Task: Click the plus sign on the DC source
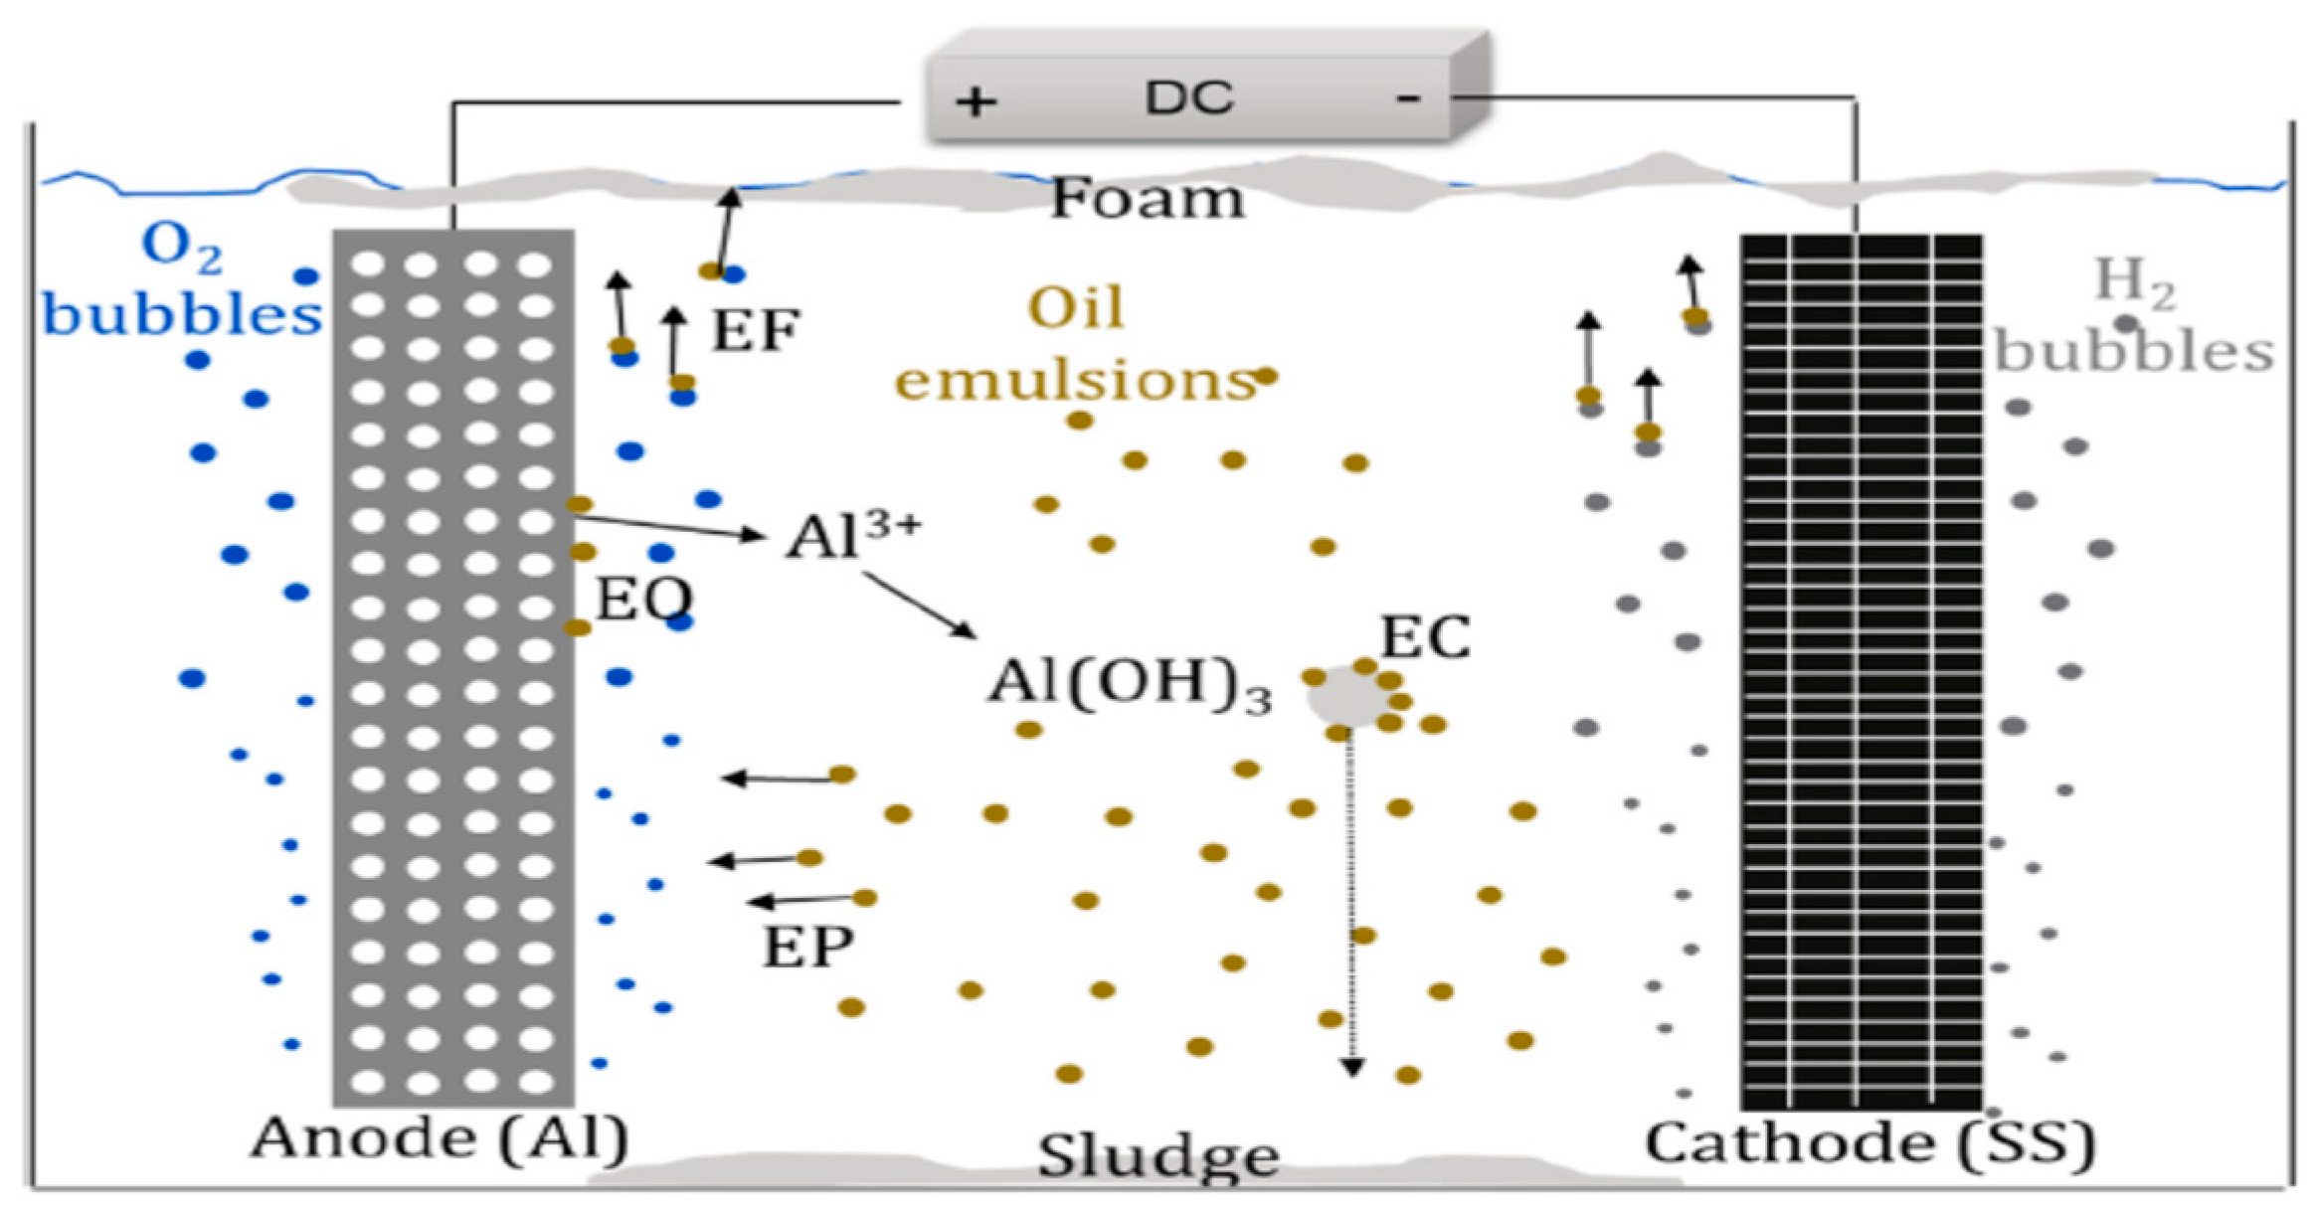(976, 101)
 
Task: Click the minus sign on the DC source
(1407, 98)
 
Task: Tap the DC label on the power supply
(1188, 97)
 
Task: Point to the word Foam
(1148, 199)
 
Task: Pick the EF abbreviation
(756, 330)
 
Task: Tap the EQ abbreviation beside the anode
(643, 599)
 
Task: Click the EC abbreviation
(1425, 637)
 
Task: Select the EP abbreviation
(807, 946)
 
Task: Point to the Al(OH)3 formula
(1129, 685)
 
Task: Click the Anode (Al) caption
(440, 1138)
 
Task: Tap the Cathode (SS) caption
(1870, 1142)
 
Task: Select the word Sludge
(1158, 1156)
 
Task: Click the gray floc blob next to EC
(1344, 697)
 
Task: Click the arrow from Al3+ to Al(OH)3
(919, 605)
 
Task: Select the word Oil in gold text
(1076, 308)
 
